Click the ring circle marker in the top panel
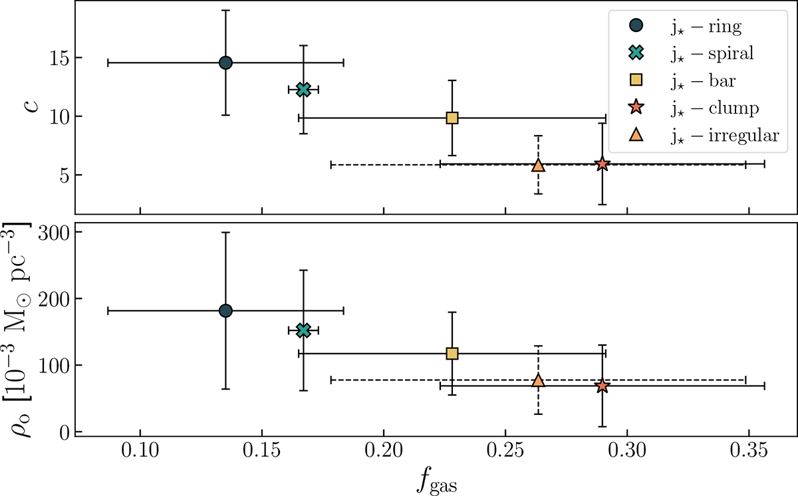(225, 62)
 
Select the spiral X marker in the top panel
(303, 89)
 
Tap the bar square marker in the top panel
(452, 118)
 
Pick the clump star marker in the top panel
(602, 164)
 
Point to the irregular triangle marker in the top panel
(539, 165)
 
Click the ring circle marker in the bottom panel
(225, 310)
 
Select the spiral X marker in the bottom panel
(303, 330)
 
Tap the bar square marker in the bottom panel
(452, 353)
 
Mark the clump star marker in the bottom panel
(602, 386)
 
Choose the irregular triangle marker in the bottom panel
(539, 380)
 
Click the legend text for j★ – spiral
(712, 54)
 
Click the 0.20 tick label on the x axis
(384, 461)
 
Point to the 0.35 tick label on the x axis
(749, 461)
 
